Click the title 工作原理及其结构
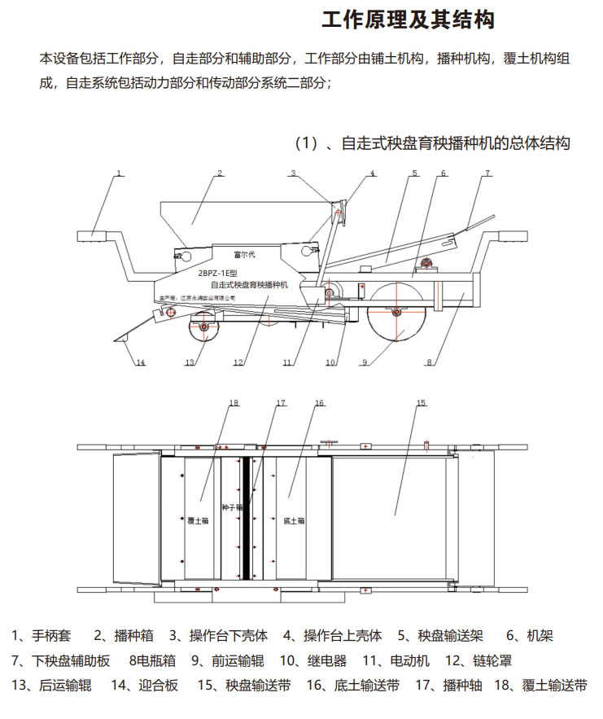point(408,20)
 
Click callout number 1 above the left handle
point(119,173)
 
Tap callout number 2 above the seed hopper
point(220,173)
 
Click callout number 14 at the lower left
point(140,363)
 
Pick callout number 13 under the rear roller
point(190,363)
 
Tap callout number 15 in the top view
point(421,403)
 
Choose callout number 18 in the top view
point(234,403)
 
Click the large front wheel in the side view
point(397,313)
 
